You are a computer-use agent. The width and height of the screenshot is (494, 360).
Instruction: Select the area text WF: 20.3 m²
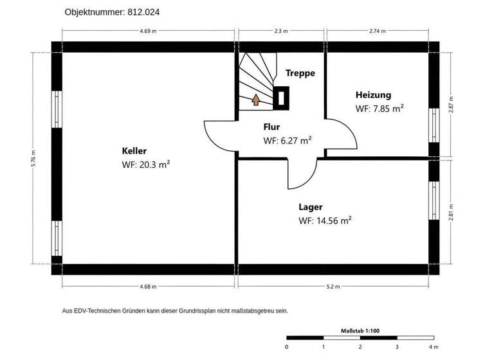pos(145,165)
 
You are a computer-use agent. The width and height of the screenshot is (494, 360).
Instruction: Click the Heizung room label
pos(373,95)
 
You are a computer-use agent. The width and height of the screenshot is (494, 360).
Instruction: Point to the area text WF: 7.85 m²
pos(380,109)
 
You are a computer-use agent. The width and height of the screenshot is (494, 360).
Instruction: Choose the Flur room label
pos(272,127)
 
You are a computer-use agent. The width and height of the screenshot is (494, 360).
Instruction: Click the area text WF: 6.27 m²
pos(288,140)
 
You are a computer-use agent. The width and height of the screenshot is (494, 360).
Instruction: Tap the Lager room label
pos(311,207)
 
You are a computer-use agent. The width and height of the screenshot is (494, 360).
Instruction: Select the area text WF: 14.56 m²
pos(325,221)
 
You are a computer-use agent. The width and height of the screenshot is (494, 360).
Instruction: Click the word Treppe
pos(300,73)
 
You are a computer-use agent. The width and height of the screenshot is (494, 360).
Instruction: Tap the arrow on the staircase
pos(255,100)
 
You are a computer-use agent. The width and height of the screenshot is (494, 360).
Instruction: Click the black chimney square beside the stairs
pos(281,97)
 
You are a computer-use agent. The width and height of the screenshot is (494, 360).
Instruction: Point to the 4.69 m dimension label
pos(147,31)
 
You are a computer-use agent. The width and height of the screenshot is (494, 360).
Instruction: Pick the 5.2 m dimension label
pos(333,287)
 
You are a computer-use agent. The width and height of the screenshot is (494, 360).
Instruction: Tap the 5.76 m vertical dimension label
pos(33,158)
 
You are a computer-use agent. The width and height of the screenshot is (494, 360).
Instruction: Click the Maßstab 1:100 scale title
pos(360,331)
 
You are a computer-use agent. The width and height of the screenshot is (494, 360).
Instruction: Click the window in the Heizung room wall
pos(434,125)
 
